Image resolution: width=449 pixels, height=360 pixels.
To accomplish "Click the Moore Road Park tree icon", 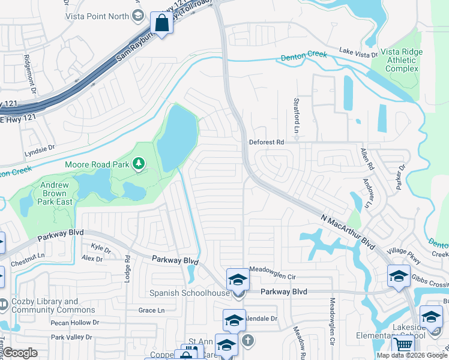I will (x=139, y=163).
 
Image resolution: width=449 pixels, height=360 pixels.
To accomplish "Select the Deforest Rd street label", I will (x=266, y=142).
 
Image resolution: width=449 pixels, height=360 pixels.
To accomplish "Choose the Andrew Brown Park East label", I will (x=56, y=194).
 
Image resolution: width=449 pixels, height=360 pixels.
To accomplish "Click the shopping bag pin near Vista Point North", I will (x=161, y=23).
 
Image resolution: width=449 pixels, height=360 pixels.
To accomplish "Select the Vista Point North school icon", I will (x=138, y=16).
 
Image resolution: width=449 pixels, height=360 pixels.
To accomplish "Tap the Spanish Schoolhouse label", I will (x=190, y=293).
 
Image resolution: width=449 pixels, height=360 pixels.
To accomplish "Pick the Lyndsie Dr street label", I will (x=40, y=148).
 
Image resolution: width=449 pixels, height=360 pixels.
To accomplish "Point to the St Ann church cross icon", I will (x=246, y=341).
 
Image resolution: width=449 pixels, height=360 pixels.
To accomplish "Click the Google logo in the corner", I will (x=20, y=353).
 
